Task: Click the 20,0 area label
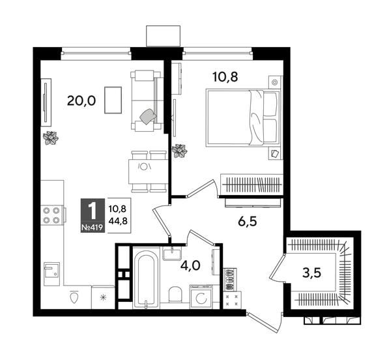[x=81, y=101]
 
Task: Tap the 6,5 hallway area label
[x=248, y=222]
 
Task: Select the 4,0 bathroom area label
[x=190, y=265]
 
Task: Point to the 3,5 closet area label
[x=311, y=273]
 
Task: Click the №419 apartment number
[x=92, y=227]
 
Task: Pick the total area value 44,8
[x=118, y=221]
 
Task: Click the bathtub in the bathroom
[x=146, y=277]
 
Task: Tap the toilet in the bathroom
[x=175, y=295]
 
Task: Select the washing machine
[x=201, y=297]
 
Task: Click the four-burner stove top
[x=51, y=215]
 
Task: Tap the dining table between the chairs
[x=148, y=172]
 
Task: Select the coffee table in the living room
[x=113, y=100]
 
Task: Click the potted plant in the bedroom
[x=179, y=151]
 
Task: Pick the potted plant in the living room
[x=51, y=138]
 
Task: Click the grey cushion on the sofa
[x=148, y=116]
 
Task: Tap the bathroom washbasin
[x=172, y=254]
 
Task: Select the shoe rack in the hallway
[x=230, y=279]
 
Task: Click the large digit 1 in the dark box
[x=93, y=211]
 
